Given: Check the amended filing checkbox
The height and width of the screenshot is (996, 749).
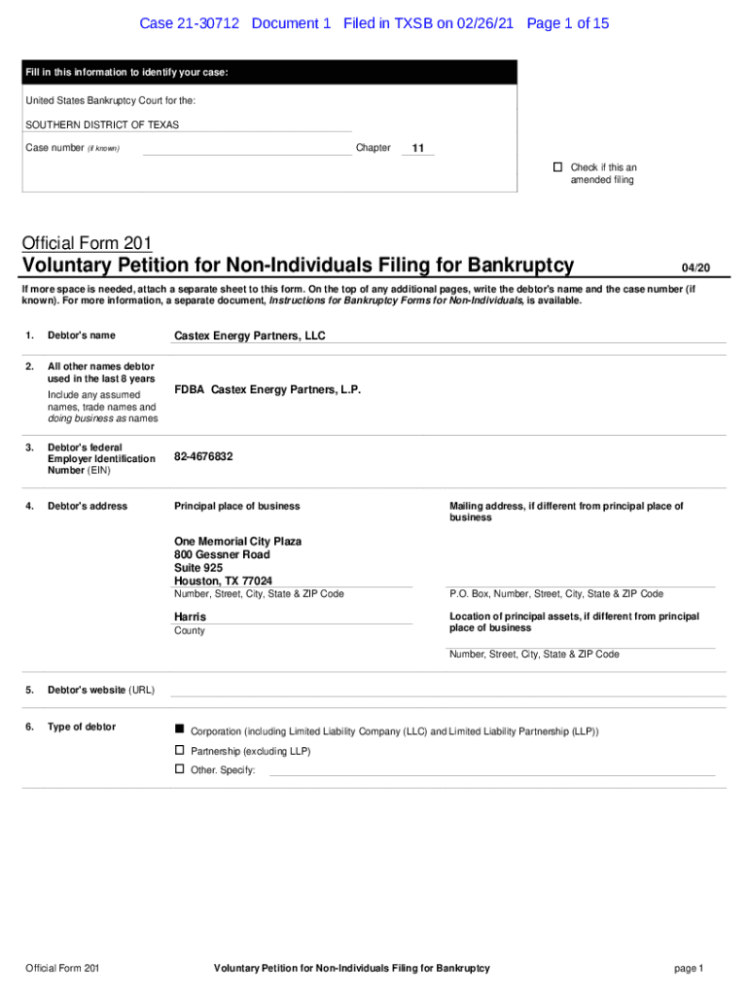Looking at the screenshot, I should (557, 167).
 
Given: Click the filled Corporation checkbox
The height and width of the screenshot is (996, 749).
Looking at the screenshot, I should (179, 729).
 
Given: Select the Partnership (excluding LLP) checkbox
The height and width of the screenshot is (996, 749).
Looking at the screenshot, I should (179, 750).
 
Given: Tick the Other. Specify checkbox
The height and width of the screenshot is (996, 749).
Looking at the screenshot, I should (179, 769).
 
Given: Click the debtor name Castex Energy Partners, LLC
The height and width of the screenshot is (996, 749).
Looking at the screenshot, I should (249, 337).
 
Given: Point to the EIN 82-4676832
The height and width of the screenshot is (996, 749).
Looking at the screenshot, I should (203, 456).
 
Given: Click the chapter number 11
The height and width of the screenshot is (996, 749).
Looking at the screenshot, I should (418, 149).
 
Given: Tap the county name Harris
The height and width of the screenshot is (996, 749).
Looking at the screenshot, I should (190, 617).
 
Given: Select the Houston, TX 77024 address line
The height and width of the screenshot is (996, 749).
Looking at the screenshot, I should (223, 581).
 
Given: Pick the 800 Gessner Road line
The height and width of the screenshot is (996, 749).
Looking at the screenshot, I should (222, 554).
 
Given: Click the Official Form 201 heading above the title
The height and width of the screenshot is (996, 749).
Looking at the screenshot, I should (87, 243).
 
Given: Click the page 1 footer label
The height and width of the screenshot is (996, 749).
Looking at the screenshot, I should (688, 968).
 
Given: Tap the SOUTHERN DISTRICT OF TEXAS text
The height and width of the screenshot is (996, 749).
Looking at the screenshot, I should (102, 124).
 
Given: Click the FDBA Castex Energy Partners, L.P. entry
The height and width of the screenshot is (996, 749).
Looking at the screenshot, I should (267, 389).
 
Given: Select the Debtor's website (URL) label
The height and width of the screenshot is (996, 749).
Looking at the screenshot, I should (100, 690).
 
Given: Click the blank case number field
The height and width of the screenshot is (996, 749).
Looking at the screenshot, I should (246, 149).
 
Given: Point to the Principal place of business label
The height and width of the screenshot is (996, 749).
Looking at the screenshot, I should (236, 506).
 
